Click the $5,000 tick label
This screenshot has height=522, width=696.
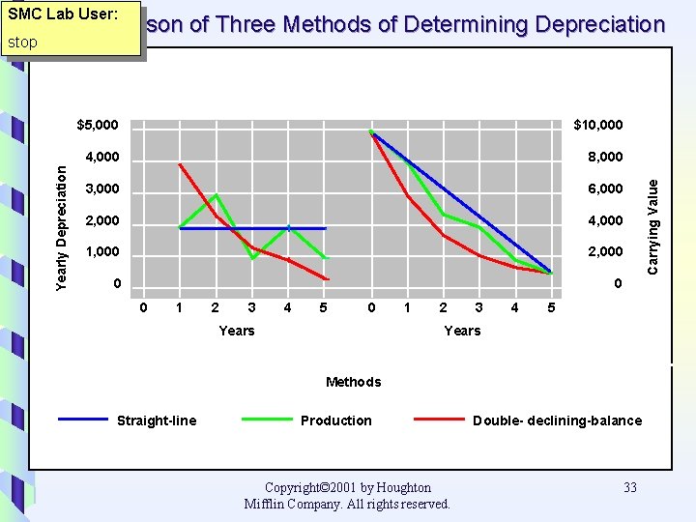pyautogui.click(x=98, y=125)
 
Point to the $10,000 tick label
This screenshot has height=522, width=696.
pyautogui.click(x=598, y=125)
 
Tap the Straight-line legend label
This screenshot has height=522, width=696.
pyautogui.click(x=156, y=420)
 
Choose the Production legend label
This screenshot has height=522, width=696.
pyautogui.click(x=335, y=420)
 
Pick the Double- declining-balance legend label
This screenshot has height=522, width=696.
pyautogui.click(x=557, y=420)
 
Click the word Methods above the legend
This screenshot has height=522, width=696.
pyautogui.click(x=353, y=382)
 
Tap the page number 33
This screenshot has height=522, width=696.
pyautogui.click(x=630, y=487)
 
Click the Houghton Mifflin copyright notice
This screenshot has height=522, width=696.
pyautogui.click(x=347, y=495)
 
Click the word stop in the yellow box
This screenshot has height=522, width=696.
pyautogui.click(x=22, y=43)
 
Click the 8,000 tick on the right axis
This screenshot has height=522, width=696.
pyautogui.click(x=606, y=157)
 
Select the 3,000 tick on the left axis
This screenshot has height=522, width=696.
pyautogui.click(x=101, y=188)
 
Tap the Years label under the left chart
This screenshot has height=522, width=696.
pyautogui.click(x=237, y=331)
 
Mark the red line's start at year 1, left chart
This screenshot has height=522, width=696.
pyautogui.click(x=180, y=164)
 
